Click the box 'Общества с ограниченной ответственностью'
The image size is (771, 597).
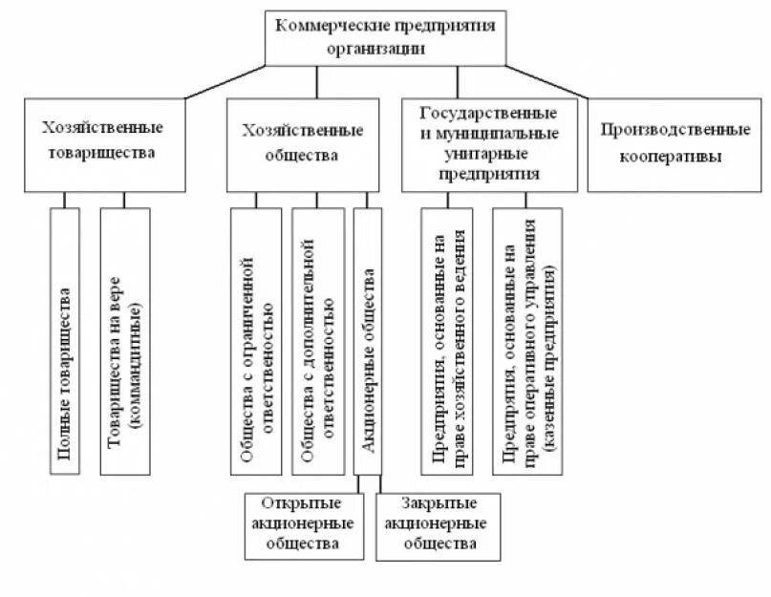256,341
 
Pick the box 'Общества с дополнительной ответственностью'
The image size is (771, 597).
318,341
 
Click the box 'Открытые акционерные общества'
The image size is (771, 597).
304,524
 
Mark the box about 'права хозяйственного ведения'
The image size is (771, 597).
446,341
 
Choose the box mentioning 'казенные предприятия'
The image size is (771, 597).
526,341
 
